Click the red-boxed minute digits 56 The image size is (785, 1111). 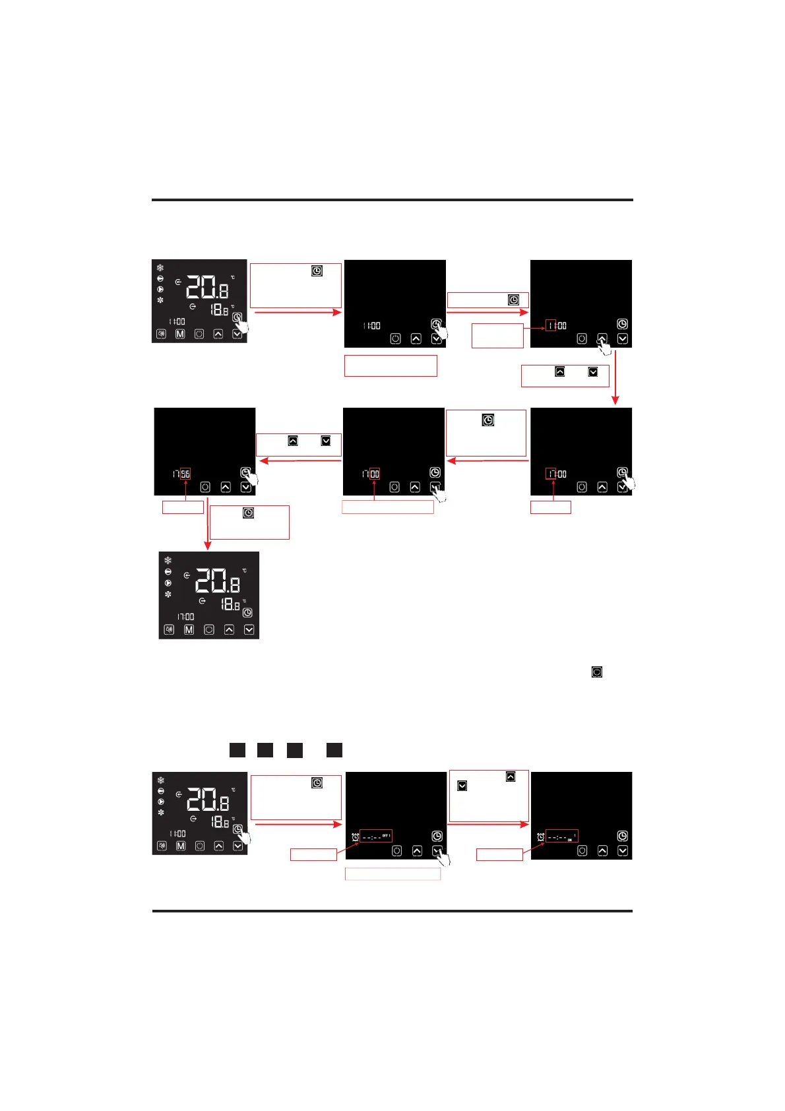tap(185, 474)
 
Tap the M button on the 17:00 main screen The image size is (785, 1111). tap(189, 629)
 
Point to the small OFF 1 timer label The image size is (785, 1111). tap(387, 836)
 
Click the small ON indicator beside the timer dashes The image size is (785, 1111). tap(570, 840)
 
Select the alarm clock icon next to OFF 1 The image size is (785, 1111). tap(355, 837)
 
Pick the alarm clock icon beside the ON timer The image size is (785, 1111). tap(541, 837)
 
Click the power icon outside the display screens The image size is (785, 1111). tap(596, 672)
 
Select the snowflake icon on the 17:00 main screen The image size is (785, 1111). tap(168, 560)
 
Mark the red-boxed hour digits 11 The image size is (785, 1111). tap(551, 325)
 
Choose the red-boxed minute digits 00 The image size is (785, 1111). tap(375, 474)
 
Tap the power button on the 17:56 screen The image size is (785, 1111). tap(204, 487)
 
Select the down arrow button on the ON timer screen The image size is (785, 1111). tap(622, 850)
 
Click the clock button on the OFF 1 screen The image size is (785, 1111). tap(437, 836)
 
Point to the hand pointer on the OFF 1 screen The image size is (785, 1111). tap(443, 858)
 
